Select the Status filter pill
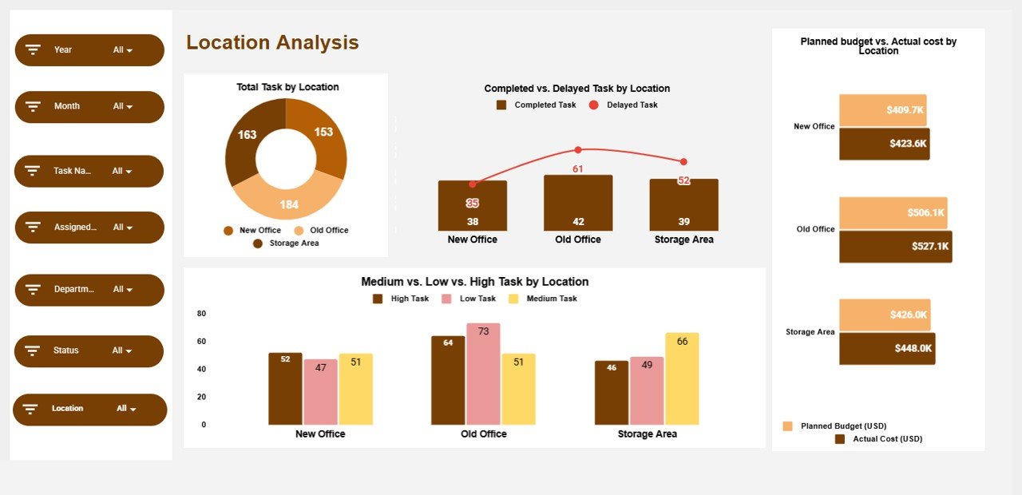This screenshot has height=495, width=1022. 89,351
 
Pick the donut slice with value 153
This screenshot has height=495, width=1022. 323,136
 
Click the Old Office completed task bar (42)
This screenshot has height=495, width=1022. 578,204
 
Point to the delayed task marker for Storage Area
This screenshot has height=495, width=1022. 683,162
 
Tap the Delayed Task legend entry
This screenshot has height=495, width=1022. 624,105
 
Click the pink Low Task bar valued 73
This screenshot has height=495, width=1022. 483,374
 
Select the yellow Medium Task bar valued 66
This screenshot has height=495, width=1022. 682,378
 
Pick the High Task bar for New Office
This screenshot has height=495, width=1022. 285,389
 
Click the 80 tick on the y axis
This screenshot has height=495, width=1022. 201,314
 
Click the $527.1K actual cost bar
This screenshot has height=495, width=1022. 895,247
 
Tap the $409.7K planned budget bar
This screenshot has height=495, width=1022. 882,110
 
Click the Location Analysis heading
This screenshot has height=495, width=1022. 272,43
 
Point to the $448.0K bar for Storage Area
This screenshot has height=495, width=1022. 886,349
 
